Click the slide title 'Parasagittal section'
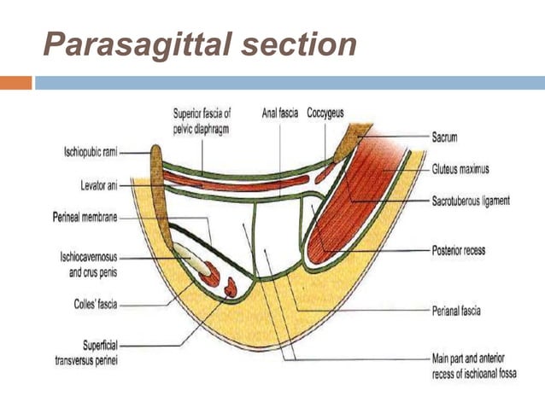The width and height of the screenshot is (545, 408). (200, 44)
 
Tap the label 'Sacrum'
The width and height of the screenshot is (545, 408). (447, 135)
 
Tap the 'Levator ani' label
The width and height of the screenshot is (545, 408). (93, 184)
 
